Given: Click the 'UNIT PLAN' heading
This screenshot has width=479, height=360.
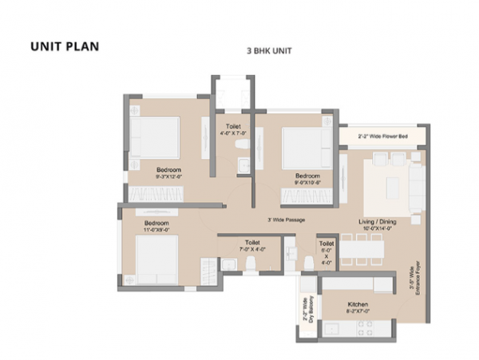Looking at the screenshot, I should pyautogui.click(x=65, y=45).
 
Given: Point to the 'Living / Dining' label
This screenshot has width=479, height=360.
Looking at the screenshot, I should pyautogui.click(x=378, y=221).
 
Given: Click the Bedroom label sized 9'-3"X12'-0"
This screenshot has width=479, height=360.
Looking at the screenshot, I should pyautogui.click(x=168, y=170).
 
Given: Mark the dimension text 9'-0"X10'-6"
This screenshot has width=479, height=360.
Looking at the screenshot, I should pyautogui.click(x=307, y=182).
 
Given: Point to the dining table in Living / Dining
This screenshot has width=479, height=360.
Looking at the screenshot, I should pyautogui.click(x=360, y=248).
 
